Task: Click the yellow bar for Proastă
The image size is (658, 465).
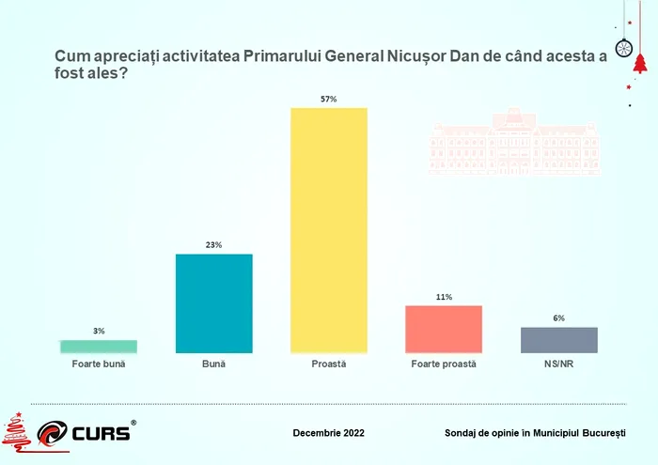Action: (328, 230)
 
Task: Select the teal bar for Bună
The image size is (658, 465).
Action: (214, 303)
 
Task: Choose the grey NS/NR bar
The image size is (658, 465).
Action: (559, 340)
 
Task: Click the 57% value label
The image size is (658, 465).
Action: (328, 99)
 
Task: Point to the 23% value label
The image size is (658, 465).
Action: (214, 245)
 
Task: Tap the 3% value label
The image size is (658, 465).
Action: (99, 331)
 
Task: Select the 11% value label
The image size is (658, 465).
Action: (444, 297)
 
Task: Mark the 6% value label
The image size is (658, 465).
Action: (559, 318)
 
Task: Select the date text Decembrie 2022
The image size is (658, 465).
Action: (329, 433)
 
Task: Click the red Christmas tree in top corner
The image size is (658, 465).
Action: (640, 63)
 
